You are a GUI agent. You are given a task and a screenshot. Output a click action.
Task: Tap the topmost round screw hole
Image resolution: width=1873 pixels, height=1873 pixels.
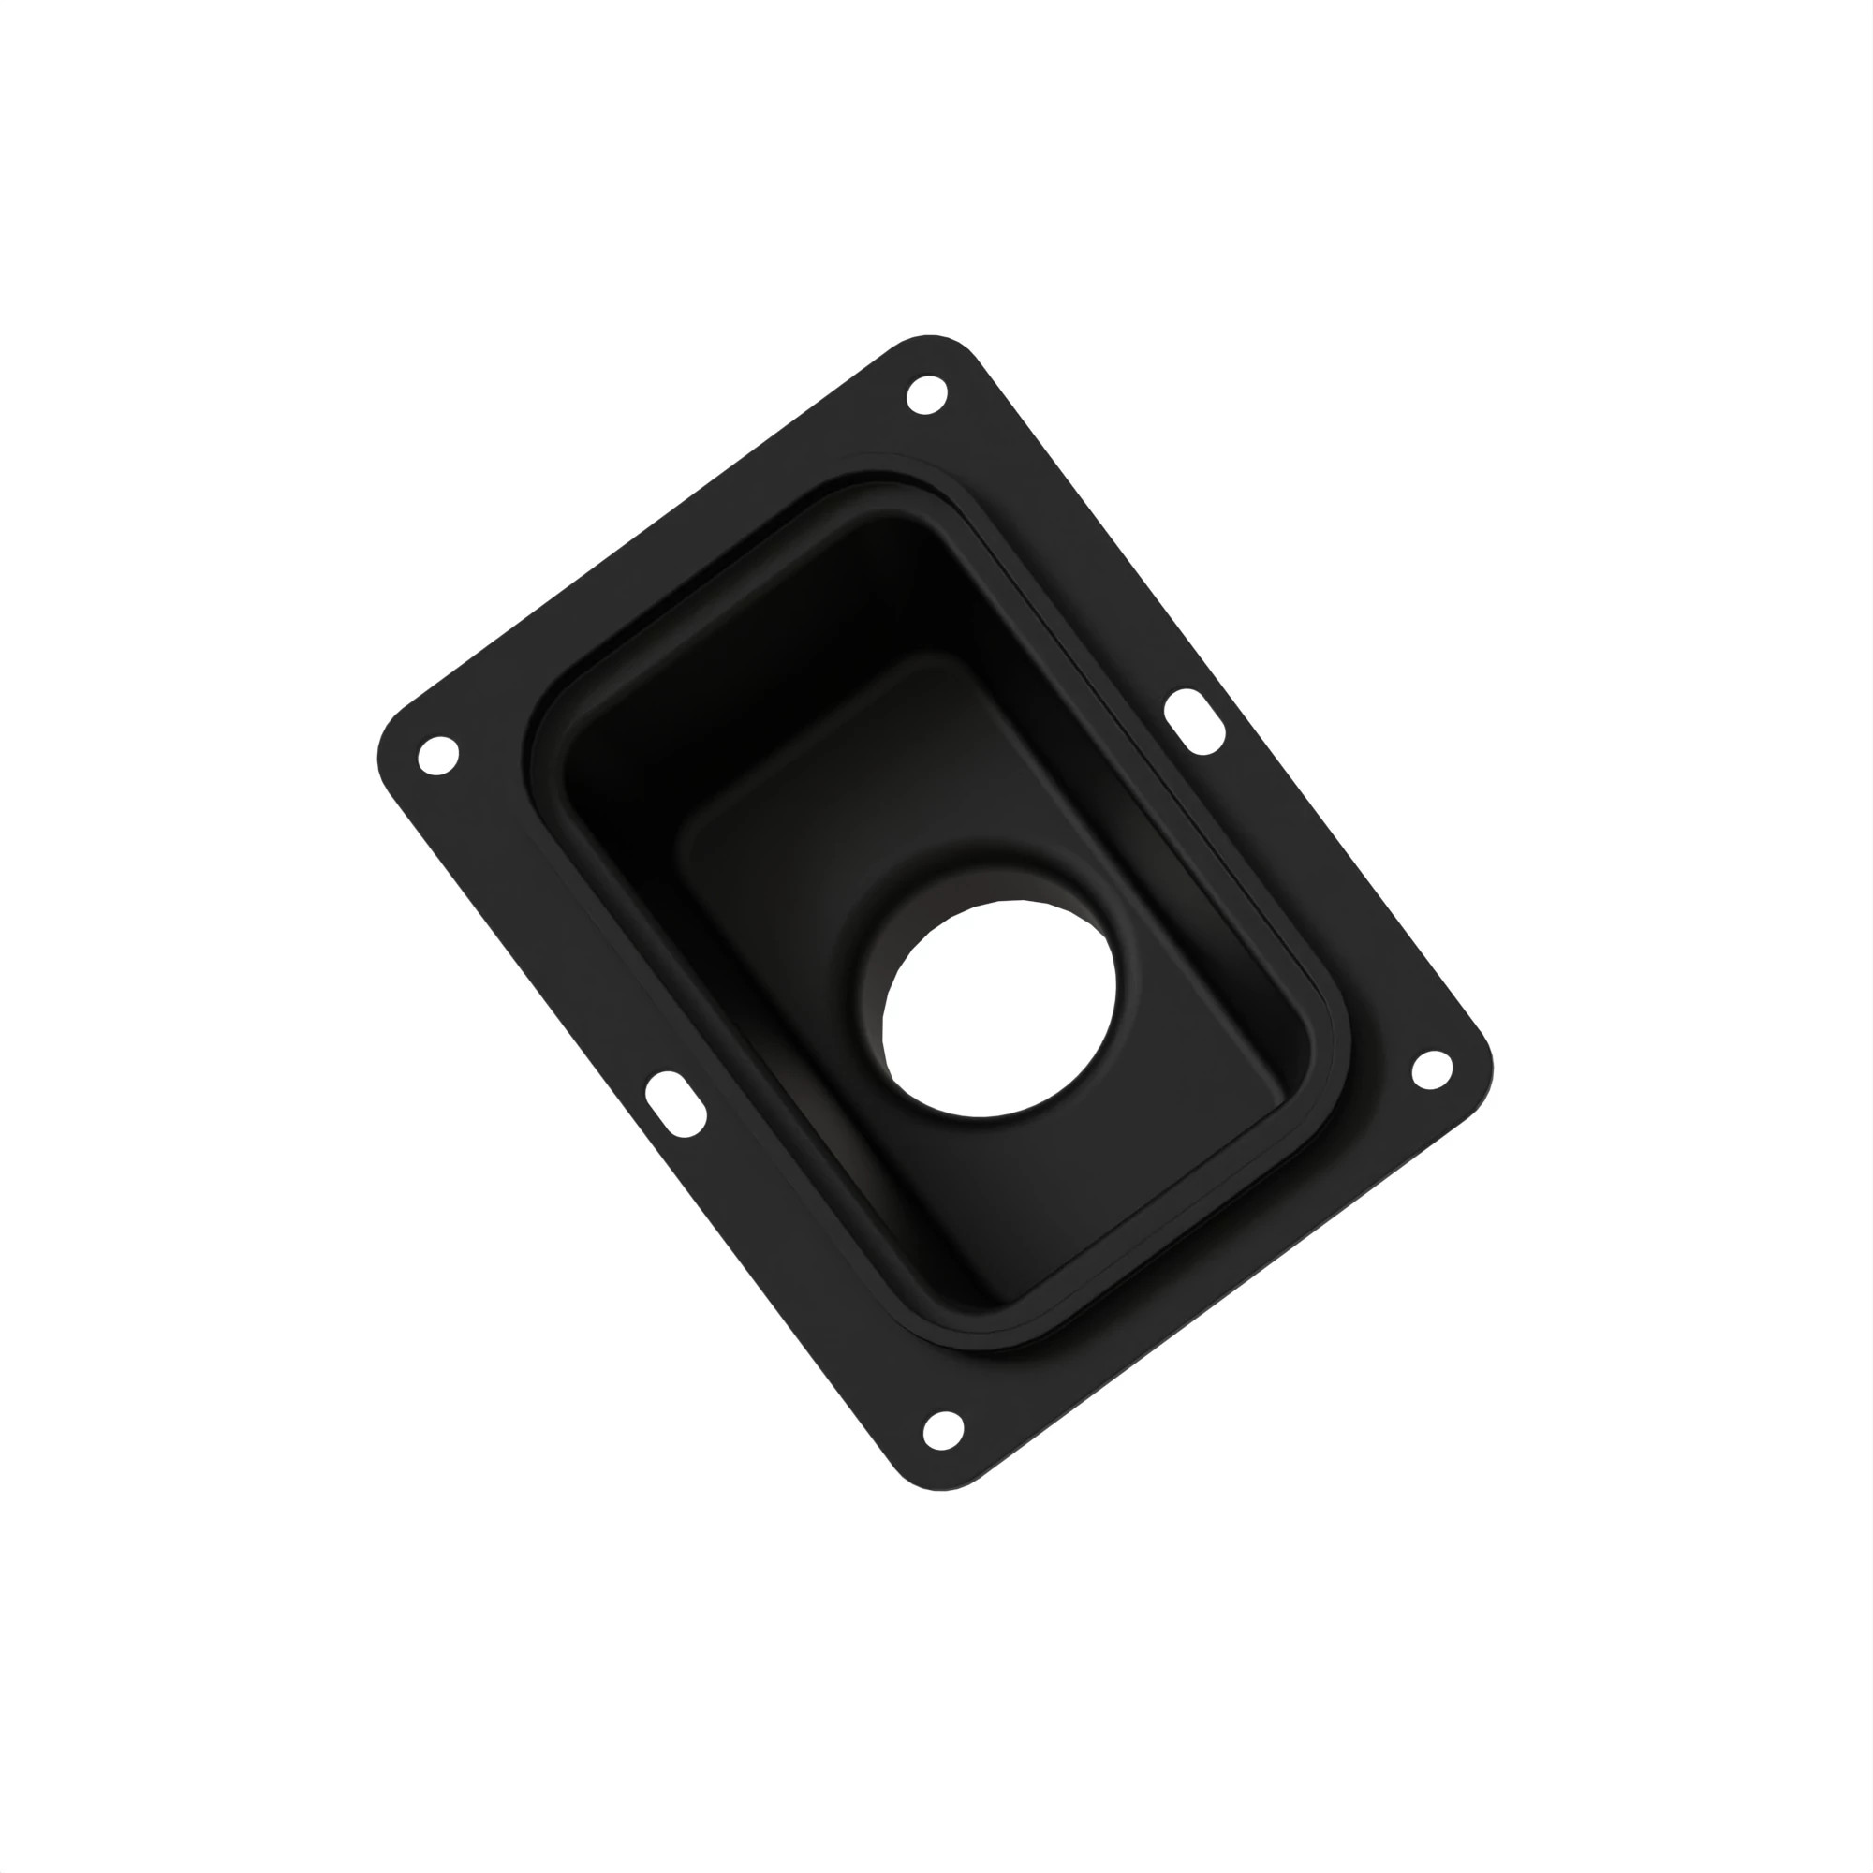click(926, 394)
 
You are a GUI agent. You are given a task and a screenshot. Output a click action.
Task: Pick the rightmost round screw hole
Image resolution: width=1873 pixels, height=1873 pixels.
click(1431, 1069)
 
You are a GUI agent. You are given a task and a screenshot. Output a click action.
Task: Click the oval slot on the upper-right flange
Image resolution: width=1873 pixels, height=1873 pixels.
click(1193, 721)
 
